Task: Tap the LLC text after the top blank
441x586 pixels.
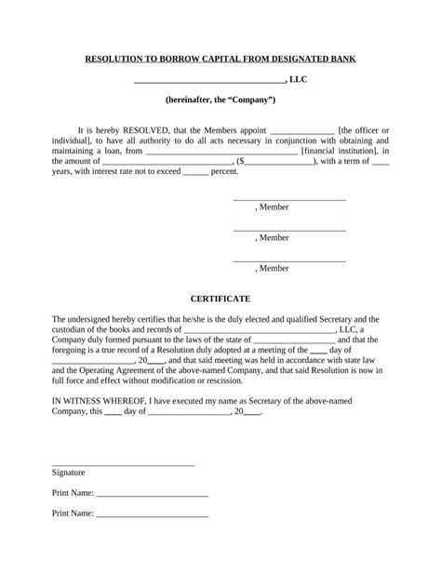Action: [x=298, y=79]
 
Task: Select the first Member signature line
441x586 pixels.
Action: [x=289, y=199]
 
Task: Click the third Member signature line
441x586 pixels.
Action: [x=289, y=260]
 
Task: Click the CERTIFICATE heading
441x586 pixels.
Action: [x=220, y=299]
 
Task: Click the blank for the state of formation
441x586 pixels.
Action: [x=293, y=340]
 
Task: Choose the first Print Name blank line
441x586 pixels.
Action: [x=152, y=495]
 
